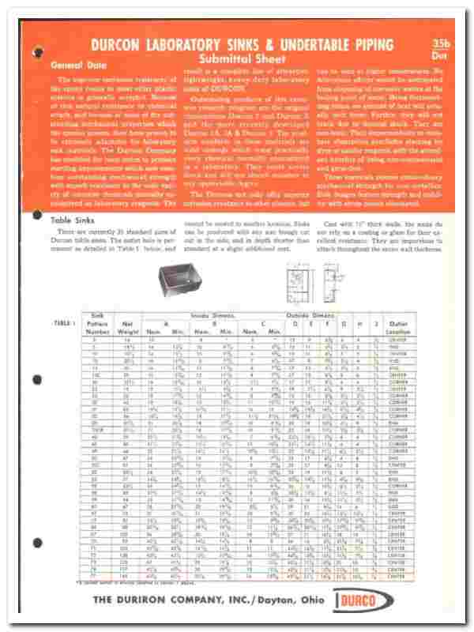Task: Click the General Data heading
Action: (70, 66)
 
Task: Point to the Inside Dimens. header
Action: (206, 315)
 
